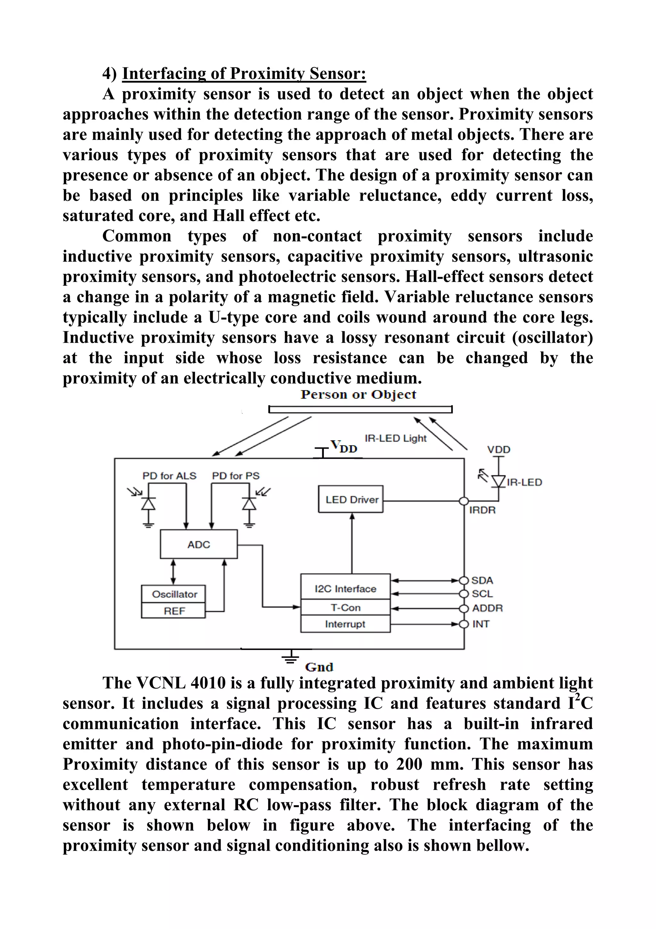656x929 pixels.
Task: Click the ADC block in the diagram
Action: (x=199, y=544)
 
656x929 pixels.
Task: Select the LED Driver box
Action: (x=351, y=499)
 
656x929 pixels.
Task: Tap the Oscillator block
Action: (x=174, y=594)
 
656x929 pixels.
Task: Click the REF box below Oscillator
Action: (x=174, y=611)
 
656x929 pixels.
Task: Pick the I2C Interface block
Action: (x=345, y=588)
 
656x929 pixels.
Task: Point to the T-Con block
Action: (x=345, y=607)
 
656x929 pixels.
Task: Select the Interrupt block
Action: (x=345, y=624)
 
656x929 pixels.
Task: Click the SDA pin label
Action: (x=482, y=580)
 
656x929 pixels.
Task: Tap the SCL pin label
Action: (x=482, y=594)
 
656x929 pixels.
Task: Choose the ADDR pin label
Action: (x=487, y=608)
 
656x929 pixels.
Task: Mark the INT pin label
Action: (x=480, y=624)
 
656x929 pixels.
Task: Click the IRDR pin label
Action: (x=482, y=510)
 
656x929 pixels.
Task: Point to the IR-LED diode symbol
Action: (x=498, y=481)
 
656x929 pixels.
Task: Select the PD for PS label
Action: (x=236, y=476)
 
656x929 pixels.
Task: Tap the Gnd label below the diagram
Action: (x=319, y=667)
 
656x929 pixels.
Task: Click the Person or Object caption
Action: (x=358, y=394)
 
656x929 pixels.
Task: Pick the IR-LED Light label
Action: (x=395, y=438)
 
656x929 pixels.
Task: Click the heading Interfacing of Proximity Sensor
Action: (x=244, y=74)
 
